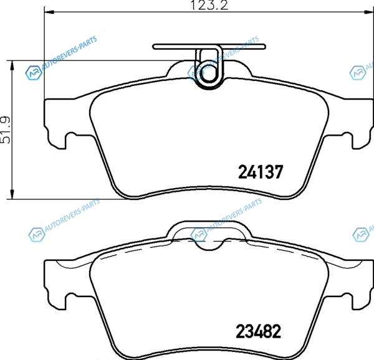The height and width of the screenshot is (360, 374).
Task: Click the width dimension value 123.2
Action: (209, 5)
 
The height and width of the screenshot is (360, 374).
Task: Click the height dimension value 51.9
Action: (6, 130)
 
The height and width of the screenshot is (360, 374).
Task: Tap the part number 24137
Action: (261, 172)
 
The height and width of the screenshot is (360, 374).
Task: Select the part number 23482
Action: (259, 331)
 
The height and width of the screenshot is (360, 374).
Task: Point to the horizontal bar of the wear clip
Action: (209, 47)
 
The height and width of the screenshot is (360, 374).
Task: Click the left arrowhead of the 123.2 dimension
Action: (49, 12)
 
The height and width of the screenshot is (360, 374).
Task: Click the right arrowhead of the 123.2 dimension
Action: (368, 12)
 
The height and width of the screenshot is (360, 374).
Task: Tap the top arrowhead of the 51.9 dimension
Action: (12, 65)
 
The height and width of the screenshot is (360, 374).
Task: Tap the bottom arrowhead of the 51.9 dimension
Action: (12, 194)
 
